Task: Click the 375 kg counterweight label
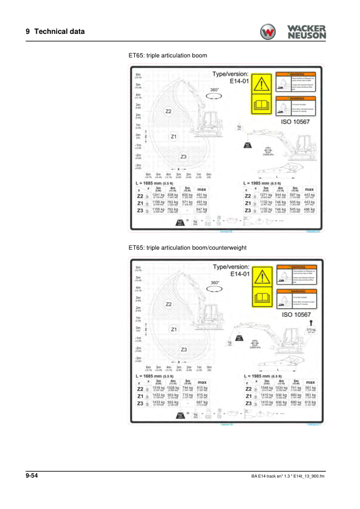click(x=312, y=330)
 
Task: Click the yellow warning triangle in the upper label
click(x=261, y=85)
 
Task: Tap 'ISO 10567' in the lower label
click(x=296, y=314)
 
